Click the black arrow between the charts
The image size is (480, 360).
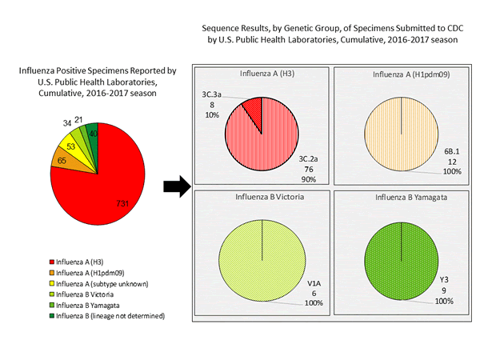(174, 187)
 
